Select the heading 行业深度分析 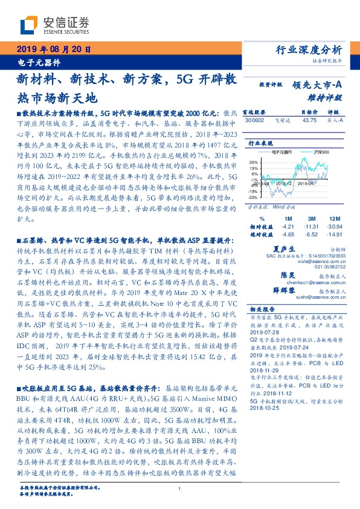[x=317, y=50]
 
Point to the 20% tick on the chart [x=253, y=162]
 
